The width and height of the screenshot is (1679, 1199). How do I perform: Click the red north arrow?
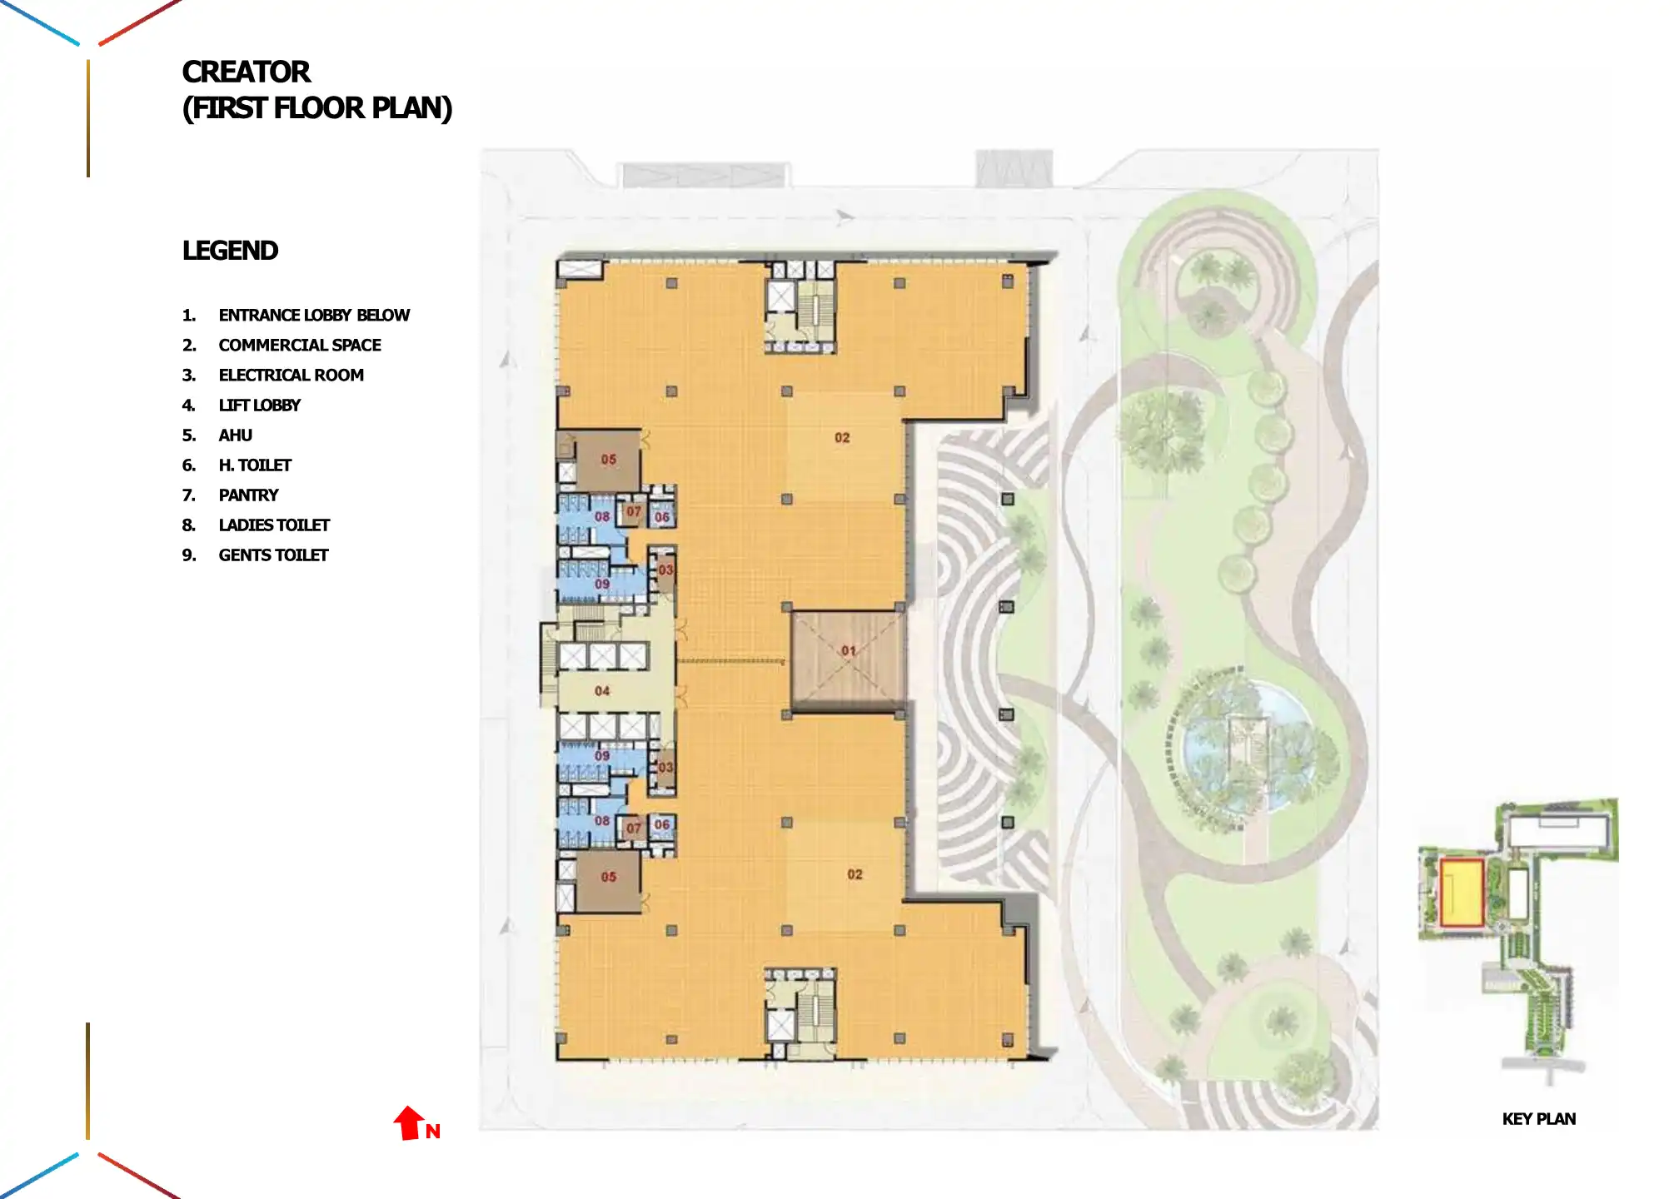(409, 1123)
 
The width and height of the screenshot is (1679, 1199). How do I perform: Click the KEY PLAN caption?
(1538, 1119)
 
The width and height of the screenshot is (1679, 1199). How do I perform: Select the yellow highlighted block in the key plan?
(1461, 893)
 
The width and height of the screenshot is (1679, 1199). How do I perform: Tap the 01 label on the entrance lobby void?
(848, 650)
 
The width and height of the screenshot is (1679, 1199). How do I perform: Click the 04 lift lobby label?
(602, 690)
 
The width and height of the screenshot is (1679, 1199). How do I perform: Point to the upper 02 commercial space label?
(842, 437)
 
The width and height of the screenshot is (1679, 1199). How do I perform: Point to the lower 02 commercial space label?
(854, 874)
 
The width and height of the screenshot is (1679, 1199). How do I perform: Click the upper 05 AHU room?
(608, 460)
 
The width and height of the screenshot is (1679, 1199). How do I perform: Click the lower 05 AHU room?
(608, 878)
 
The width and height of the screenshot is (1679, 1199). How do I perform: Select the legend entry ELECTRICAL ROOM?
(291, 376)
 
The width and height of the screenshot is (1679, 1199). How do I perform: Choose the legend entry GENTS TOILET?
(273, 555)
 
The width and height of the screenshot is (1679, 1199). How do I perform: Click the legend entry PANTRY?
(248, 495)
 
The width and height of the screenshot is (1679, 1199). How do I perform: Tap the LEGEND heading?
(230, 251)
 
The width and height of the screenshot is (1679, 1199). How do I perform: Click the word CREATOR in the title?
(246, 72)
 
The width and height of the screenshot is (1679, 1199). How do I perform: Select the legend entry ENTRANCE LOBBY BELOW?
(314, 316)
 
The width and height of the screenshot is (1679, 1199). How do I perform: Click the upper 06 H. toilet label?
(662, 517)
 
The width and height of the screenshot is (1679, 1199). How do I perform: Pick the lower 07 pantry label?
(634, 828)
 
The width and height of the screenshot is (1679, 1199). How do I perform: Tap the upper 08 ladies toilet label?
(602, 516)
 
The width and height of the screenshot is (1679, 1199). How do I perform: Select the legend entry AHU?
(235, 435)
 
